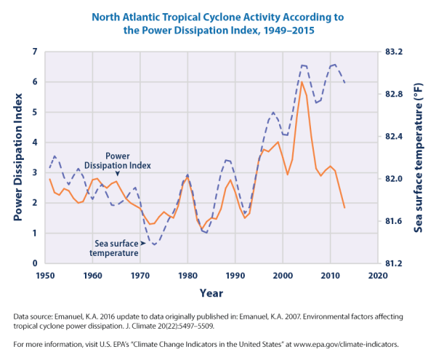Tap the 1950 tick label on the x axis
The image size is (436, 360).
[46, 276]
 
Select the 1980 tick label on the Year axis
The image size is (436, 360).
[187, 276]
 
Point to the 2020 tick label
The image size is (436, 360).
[377, 276]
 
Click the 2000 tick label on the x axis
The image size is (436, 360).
[283, 276]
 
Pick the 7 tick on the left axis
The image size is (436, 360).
[34, 52]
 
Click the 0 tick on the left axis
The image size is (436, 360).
[34, 263]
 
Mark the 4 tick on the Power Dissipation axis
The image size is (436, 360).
[34, 143]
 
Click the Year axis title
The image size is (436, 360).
[211, 294]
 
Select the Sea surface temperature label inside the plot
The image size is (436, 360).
[116, 249]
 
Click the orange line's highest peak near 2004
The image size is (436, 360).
[302, 81]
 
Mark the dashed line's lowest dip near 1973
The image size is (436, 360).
[154, 244]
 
